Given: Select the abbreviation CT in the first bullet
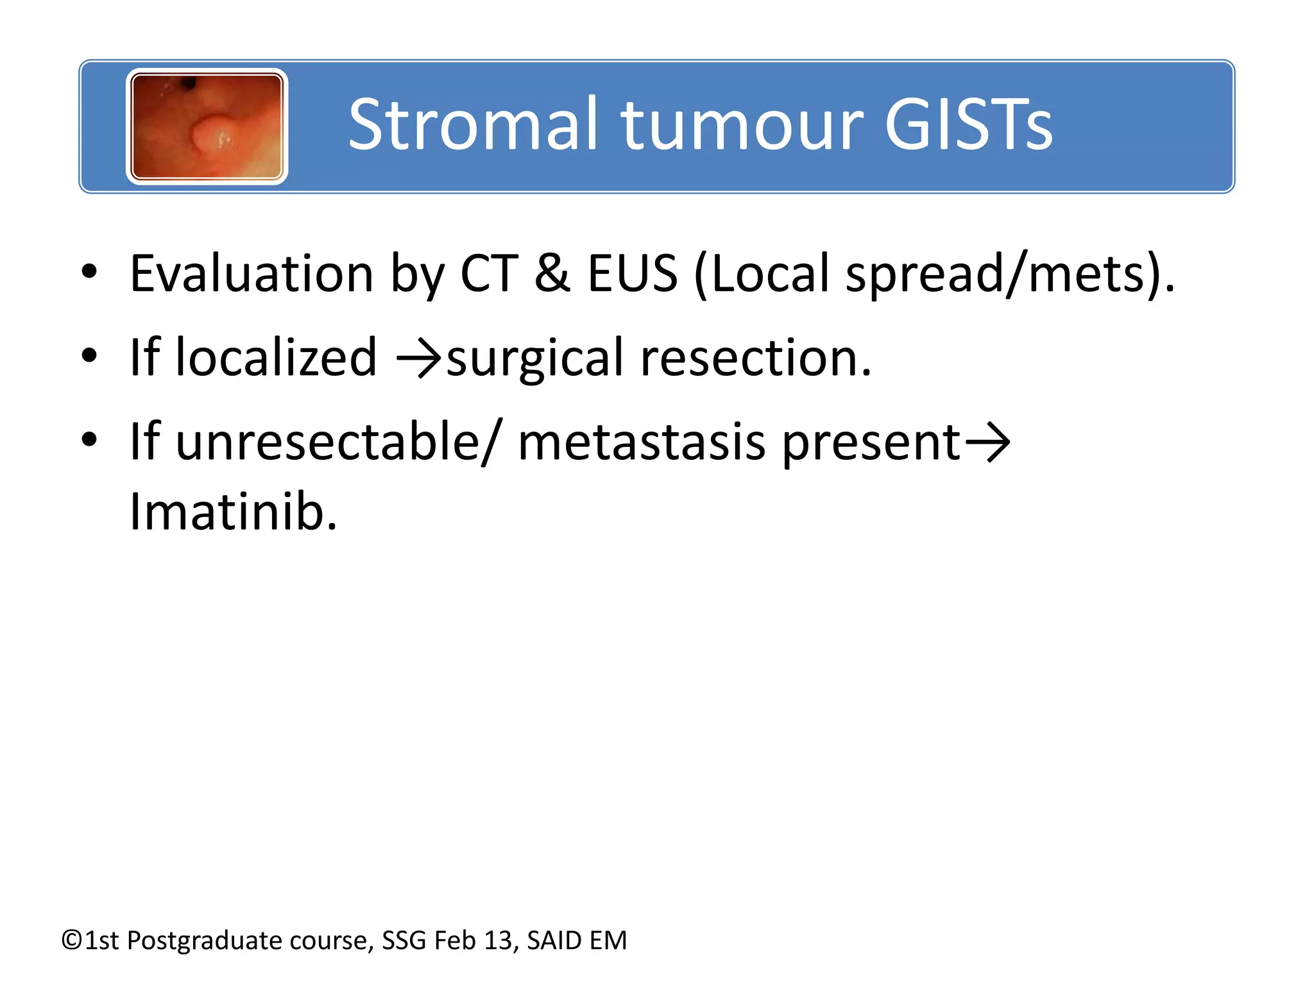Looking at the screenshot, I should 489,274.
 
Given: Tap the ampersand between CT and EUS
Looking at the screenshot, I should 552,274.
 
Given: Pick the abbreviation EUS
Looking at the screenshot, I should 633,274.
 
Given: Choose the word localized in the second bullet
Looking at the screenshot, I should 276,357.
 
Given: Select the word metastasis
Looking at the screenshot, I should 642,442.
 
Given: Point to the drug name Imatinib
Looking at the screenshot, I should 233,512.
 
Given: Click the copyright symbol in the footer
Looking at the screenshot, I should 72,940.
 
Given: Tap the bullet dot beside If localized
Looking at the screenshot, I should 89,355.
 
